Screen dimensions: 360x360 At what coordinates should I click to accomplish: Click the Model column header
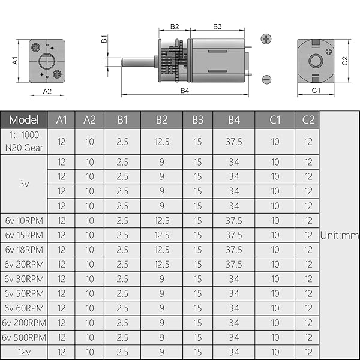coord(24,119)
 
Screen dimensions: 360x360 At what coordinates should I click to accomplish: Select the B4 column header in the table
coord(233,119)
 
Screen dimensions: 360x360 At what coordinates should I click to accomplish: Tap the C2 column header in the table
coord(308,119)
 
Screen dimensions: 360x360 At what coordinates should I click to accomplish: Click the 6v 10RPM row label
coord(24,220)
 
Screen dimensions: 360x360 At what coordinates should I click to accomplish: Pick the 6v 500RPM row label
coord(24,337)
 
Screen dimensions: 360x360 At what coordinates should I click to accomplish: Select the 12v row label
coord(24,352)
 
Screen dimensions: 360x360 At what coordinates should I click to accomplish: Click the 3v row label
coord(24,184)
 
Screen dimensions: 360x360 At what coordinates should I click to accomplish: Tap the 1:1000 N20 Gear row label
coord(24,142)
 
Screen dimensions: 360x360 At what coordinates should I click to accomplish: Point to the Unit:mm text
coord(340,235)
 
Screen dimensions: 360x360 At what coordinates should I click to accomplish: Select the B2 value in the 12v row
coord(161,352)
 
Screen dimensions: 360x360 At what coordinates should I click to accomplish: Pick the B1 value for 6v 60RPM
coord(122,308)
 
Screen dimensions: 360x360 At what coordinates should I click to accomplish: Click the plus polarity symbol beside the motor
coord(266,39)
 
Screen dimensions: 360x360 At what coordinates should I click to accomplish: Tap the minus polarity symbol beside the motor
coord(266,79)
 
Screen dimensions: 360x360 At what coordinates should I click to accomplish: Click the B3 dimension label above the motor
coord(217,26)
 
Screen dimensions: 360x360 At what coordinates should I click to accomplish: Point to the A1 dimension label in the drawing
coord(16,61)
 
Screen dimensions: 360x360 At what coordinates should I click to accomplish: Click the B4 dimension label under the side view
coord(185,91)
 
